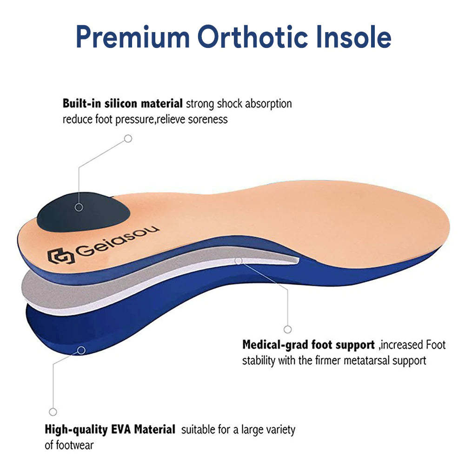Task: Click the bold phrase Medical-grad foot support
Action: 308,345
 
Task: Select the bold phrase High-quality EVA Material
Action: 110,429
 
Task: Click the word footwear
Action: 69,445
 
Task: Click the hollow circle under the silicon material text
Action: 128,139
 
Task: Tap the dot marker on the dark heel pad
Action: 79,207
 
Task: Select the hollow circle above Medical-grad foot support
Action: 288,329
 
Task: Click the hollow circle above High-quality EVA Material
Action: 53,412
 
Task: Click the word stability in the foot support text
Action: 260,360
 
